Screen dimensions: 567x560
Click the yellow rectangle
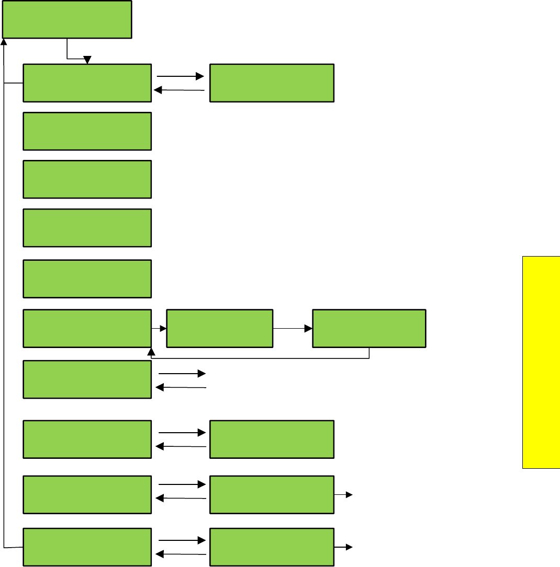(541, 362)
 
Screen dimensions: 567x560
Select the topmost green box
(67, 19)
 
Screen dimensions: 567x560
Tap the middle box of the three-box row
(219, 328)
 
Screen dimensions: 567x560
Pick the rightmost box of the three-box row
(369, 328)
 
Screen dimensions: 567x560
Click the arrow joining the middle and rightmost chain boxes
(292, 329)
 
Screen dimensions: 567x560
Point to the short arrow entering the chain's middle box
(159, 329)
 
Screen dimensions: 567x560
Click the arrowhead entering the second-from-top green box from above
(87, 60)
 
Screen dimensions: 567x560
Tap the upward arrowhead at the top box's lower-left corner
(4, 41)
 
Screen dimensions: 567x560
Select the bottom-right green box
(272, 547)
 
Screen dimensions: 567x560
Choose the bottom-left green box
(87, 547)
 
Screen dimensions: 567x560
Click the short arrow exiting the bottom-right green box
(343, 547)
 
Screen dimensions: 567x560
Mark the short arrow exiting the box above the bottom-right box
(343, 494)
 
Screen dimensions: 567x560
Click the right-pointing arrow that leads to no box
(182, 374)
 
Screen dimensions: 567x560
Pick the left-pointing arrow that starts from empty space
(181, 387)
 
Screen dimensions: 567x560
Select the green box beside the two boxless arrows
(87, 379)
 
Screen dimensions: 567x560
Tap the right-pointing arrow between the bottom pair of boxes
(182, 540)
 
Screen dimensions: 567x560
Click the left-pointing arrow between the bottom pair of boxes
(181, 554)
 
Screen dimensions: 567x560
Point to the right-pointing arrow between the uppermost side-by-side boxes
(181, 76)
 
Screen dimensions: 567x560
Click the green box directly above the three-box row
(87, 279)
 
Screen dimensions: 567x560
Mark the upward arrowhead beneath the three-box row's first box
(151, 352)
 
